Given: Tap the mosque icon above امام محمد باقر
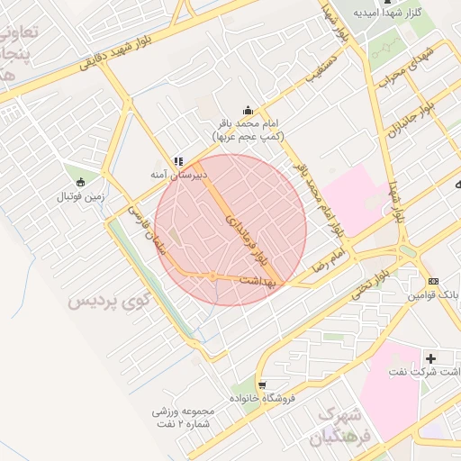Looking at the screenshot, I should pyautogui.click(x=248, y=110).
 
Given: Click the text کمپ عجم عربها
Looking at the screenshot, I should pyautogui.click(x=248, y=136).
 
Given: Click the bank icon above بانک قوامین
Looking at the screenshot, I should pyautogui.click(x=434, y=281).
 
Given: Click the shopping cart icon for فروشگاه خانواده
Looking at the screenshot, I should pyautogui.click(x=262, y=384).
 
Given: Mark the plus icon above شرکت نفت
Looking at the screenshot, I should pyautogui.click(x=429, y=357).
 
